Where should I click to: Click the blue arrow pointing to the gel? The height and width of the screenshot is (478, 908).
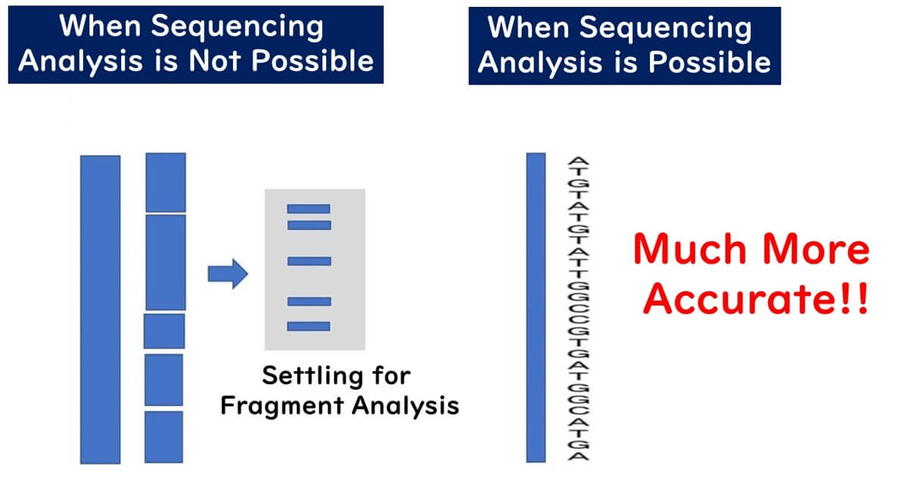pos(228,273)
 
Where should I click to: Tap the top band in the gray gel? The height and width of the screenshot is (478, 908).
pos(309,209)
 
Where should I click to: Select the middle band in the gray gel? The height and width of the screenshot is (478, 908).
pos(309,261)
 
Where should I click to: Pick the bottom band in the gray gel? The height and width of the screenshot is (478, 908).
pos(309,326)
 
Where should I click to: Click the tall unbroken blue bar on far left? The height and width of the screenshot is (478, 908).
pos(100,309)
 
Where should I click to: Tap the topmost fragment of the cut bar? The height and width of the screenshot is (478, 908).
pos(165,182)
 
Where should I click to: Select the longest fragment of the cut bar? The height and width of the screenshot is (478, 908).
pos(165,262)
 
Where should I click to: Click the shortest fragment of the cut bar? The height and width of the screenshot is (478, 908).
pos(164,331)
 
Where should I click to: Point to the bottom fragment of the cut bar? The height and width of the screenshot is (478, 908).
pos(164,436)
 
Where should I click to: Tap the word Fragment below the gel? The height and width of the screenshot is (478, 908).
pos(278,405)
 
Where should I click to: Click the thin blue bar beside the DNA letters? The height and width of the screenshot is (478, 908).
pos(536,307)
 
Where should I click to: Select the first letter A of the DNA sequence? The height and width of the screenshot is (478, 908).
pos(579,162)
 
